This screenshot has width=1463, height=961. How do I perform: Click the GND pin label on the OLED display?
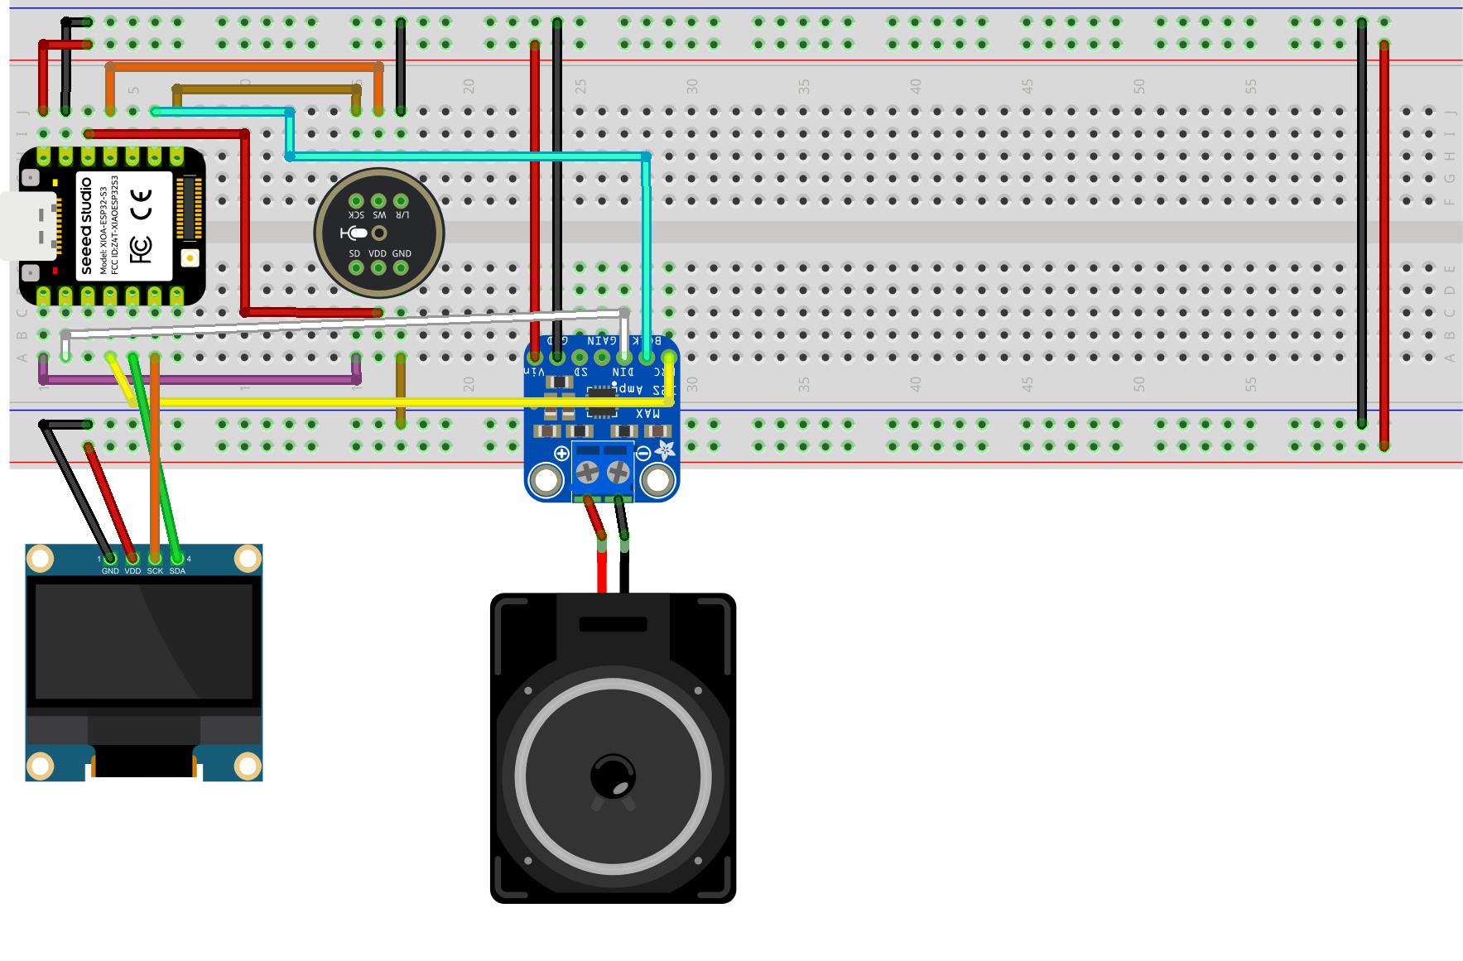109,571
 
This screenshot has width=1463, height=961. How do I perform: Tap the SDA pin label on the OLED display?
177,571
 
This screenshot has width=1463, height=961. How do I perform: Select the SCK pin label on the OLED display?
155,571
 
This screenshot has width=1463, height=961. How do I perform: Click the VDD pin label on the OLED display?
132,571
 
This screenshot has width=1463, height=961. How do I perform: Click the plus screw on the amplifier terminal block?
587,473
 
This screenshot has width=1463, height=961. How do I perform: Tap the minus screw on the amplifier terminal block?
618,473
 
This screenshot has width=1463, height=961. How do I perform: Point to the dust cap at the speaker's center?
613,776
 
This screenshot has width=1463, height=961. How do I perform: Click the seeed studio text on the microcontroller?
86,225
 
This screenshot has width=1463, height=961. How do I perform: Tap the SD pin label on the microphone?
354,253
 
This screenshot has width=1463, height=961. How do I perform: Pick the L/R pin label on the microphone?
402,214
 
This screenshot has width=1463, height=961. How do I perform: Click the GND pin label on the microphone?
402,253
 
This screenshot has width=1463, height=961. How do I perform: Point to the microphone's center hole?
379,233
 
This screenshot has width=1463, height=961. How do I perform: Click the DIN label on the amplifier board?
623,373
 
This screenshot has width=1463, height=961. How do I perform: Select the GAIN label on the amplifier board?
602,340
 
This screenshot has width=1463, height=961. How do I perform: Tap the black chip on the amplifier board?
602,406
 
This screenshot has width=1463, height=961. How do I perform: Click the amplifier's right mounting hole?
658,479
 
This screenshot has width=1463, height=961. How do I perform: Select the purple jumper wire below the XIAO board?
199,380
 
